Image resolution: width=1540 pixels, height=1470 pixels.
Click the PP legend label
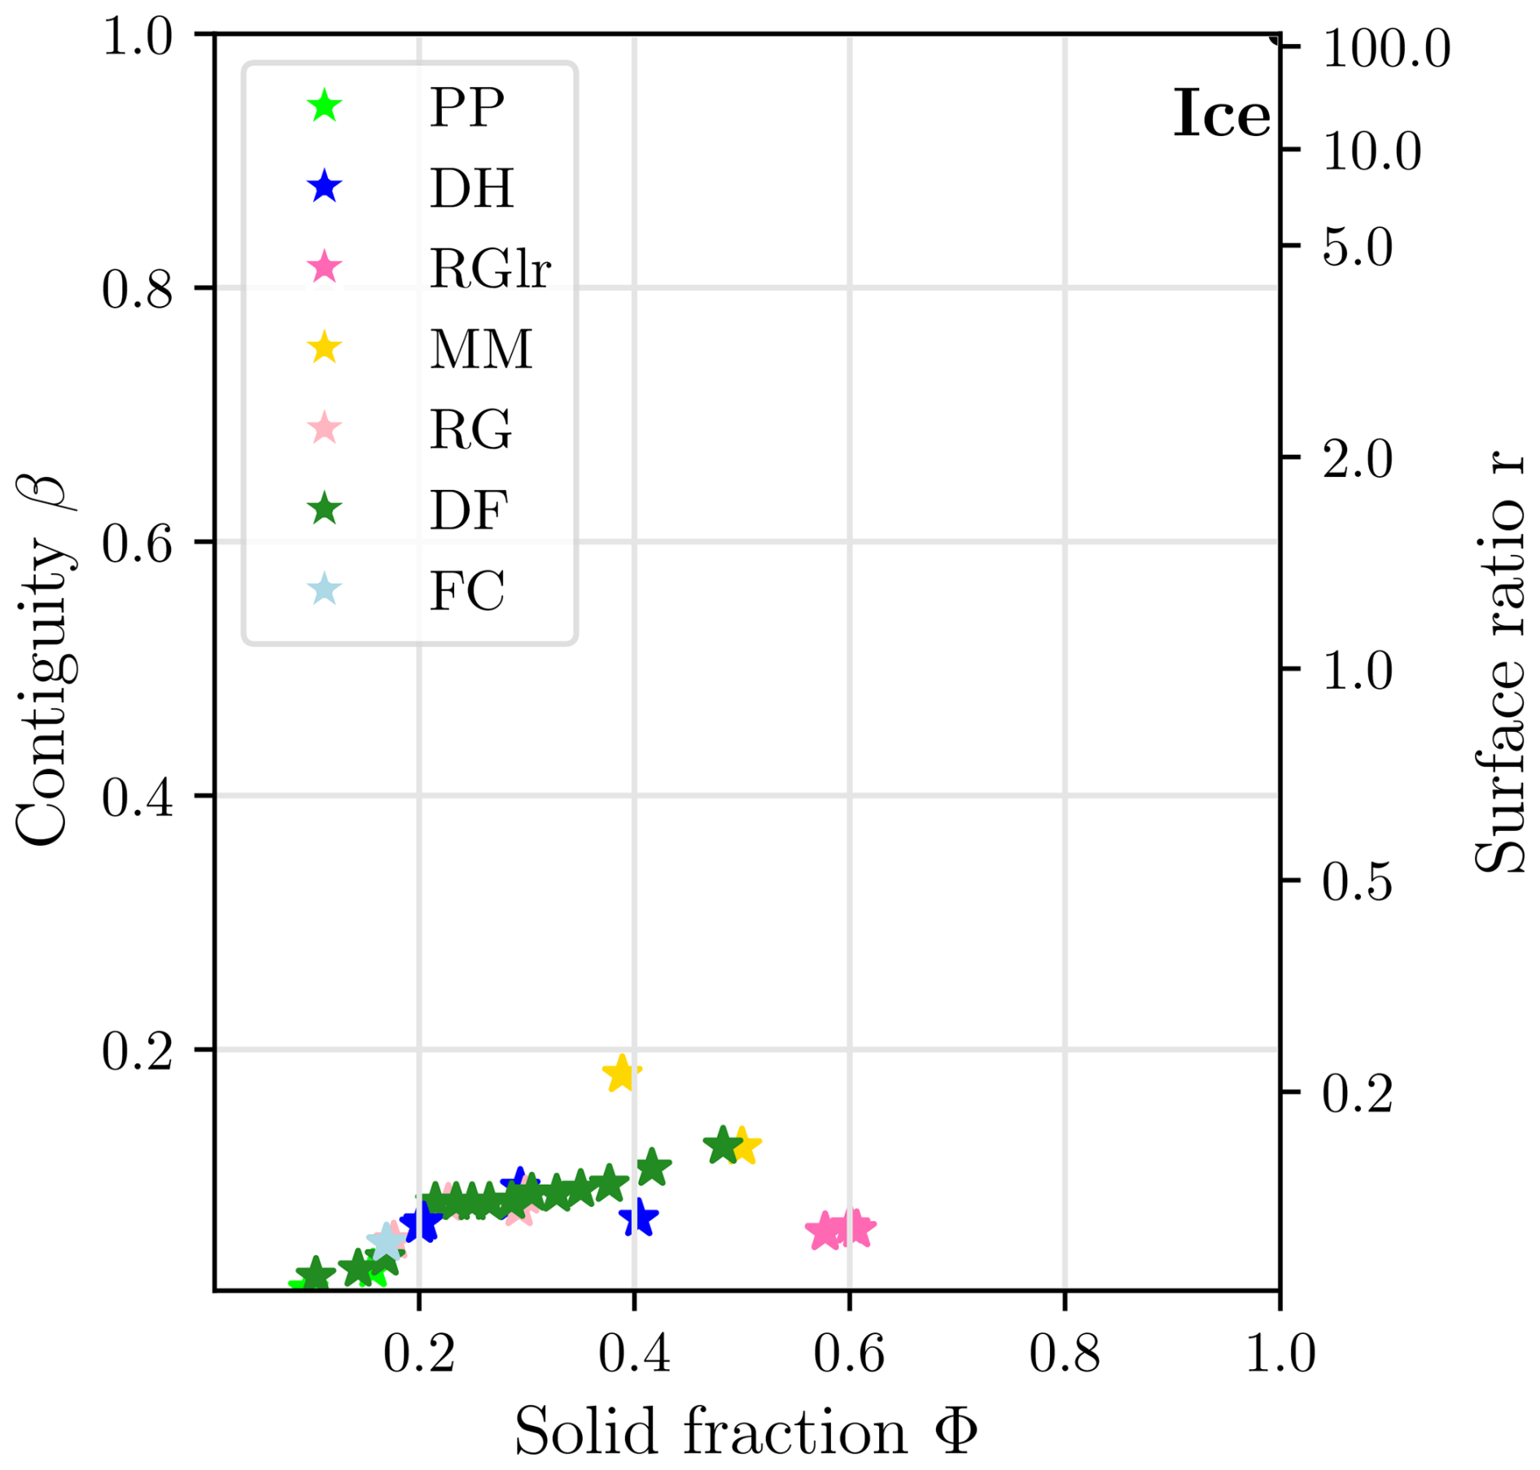466,107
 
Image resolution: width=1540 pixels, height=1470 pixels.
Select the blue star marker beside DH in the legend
325,187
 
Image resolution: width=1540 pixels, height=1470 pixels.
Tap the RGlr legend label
490,268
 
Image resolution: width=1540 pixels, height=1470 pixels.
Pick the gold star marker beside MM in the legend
325,348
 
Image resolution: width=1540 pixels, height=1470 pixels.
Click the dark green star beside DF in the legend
325,510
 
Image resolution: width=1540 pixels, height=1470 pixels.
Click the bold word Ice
1221,115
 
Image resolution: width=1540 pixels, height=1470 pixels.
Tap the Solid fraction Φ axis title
745,1431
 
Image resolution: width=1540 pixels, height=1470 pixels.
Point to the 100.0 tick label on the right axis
1386,49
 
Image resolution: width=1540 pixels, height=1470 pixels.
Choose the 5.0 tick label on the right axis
1357,247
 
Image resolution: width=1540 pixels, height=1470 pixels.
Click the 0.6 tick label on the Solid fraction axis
849,1355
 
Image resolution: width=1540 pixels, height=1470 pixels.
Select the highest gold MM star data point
622,1074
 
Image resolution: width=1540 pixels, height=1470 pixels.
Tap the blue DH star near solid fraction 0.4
638,1218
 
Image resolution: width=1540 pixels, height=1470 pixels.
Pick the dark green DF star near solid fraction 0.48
722,1145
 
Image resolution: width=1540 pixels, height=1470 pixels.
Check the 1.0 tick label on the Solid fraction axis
1280,1355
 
